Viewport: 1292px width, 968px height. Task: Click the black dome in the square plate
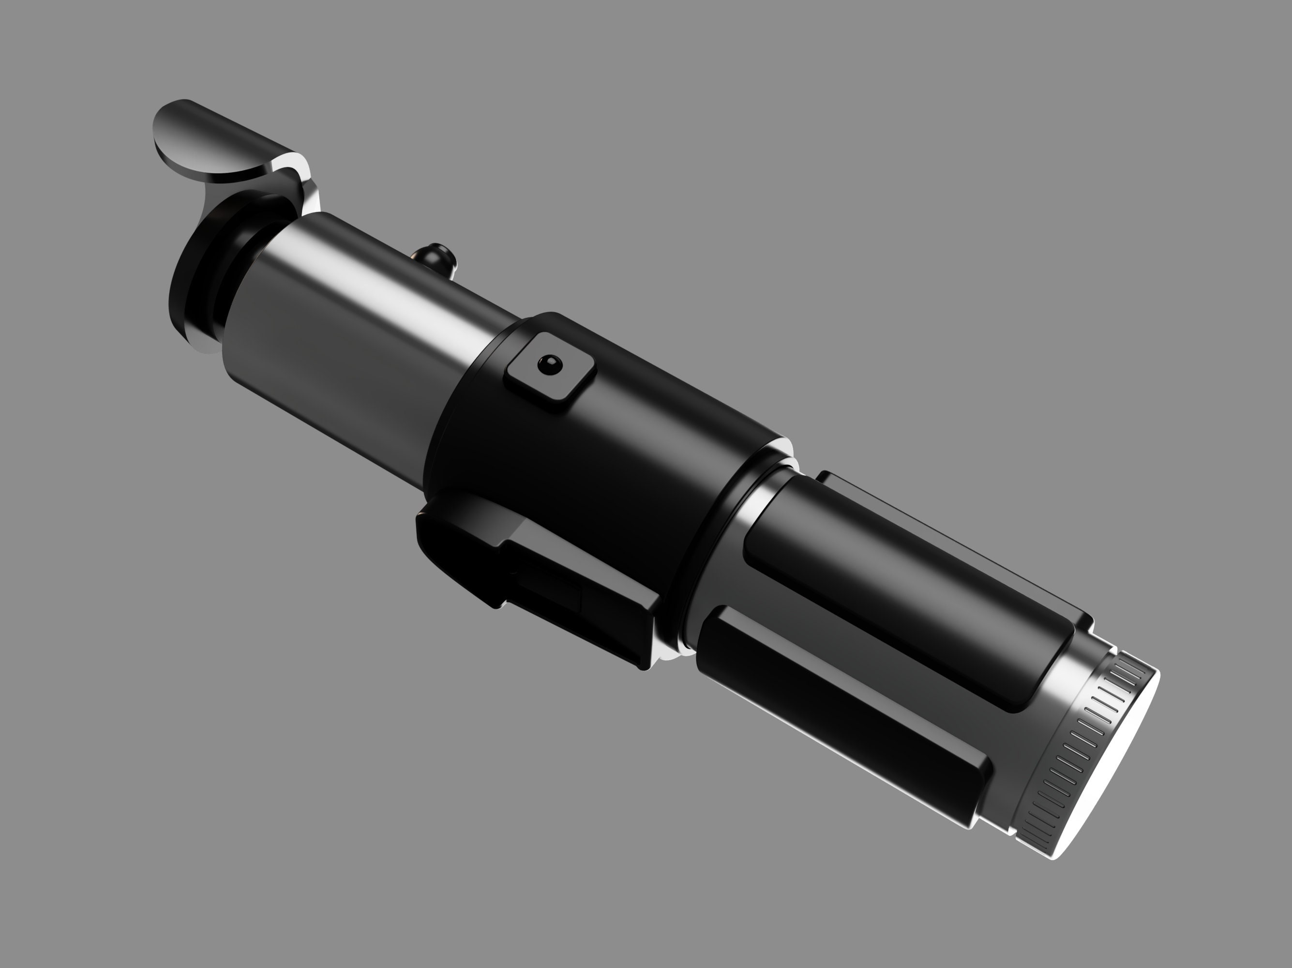[x=550, y=365]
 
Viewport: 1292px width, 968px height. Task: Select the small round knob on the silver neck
[x=436, y=257]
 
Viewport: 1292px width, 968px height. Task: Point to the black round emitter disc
[x=198, y=274]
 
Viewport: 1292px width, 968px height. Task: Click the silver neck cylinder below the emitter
[x=362, y=327]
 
